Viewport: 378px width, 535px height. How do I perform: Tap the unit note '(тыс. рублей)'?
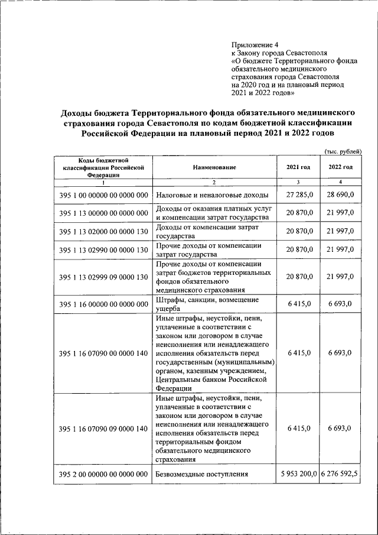[343, 151]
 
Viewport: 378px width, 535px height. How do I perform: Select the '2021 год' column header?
[298, 167]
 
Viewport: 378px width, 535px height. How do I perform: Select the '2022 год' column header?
[340, 167]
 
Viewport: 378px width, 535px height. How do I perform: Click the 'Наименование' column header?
[214, 167]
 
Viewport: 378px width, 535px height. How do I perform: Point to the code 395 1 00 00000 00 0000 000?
[103, 195]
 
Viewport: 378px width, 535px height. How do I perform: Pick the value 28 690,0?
[341, 195]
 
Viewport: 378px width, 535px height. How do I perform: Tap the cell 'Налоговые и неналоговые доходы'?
[212, 195]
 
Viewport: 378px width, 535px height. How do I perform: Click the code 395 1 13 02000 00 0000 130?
[103, 231]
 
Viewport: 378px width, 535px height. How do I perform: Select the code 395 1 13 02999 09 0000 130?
[103, 276]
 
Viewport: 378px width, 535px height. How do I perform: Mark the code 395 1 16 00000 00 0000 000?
[103, 304]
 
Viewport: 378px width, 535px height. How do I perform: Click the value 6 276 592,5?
[341, 474]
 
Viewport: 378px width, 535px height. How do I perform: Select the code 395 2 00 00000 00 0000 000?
[103, 474]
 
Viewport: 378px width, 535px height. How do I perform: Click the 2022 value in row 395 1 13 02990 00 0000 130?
[341, 249]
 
